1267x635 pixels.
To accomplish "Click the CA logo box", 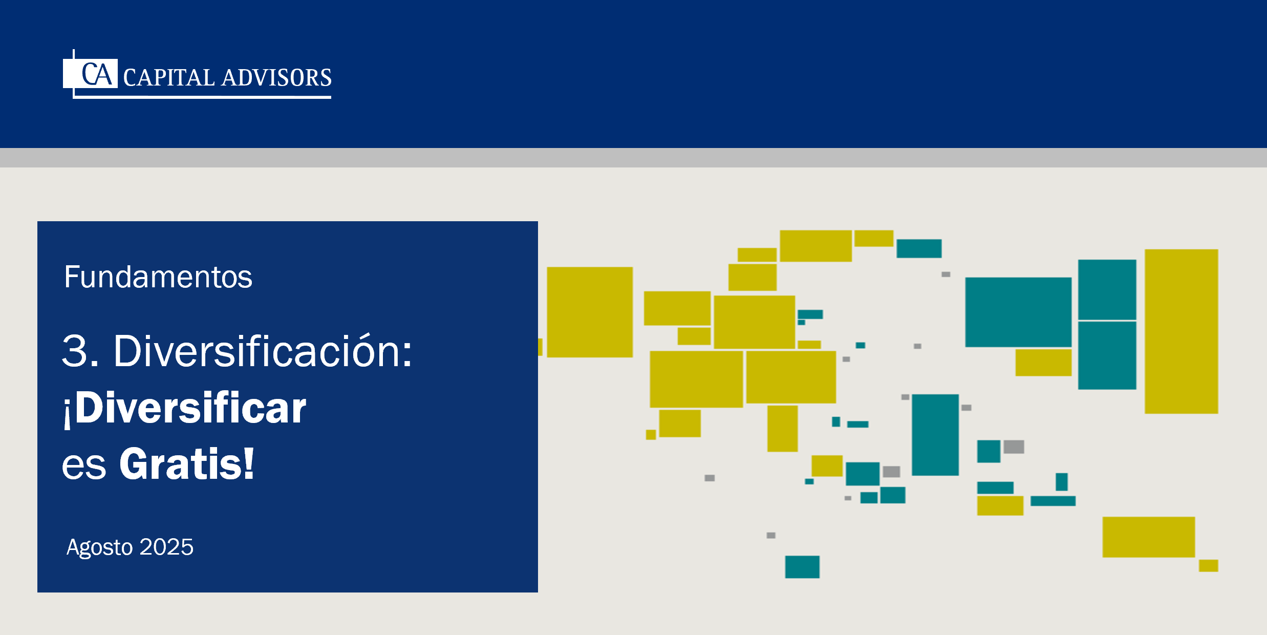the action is click(x=91, y=73).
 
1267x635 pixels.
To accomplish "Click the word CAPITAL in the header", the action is click(x=169, y=78).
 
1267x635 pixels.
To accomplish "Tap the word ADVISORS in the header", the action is click(x=277, y=78).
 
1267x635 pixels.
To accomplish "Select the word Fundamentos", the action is click(x=158, y=277).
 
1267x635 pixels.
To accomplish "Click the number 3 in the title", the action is click(x=75, y=351).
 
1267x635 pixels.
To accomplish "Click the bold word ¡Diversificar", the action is click(x=185, y=408).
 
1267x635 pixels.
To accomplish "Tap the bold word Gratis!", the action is click(x=187, y=464).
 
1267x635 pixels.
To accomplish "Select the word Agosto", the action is click(x=100, y=547).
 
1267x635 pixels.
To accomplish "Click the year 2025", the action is click(x=166, y=547).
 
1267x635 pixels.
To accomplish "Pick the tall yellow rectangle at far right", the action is click(x=1181, y=331).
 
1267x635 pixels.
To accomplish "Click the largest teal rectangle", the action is click(x=1018, y=312).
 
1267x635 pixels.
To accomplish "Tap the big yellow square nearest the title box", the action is click(x=590, y=312).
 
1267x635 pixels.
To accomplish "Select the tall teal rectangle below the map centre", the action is click(x=935, y=435).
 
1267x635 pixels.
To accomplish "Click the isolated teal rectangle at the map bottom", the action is click(x=802, y=567).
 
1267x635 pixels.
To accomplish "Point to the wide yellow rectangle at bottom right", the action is click(x=1149, y=537).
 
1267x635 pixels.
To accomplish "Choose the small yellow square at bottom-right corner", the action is click(x=1208, y=566).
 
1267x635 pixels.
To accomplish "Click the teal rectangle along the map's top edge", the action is click(x=919, y=248).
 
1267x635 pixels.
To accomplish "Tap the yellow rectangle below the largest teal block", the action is click(x=1043, y=363).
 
